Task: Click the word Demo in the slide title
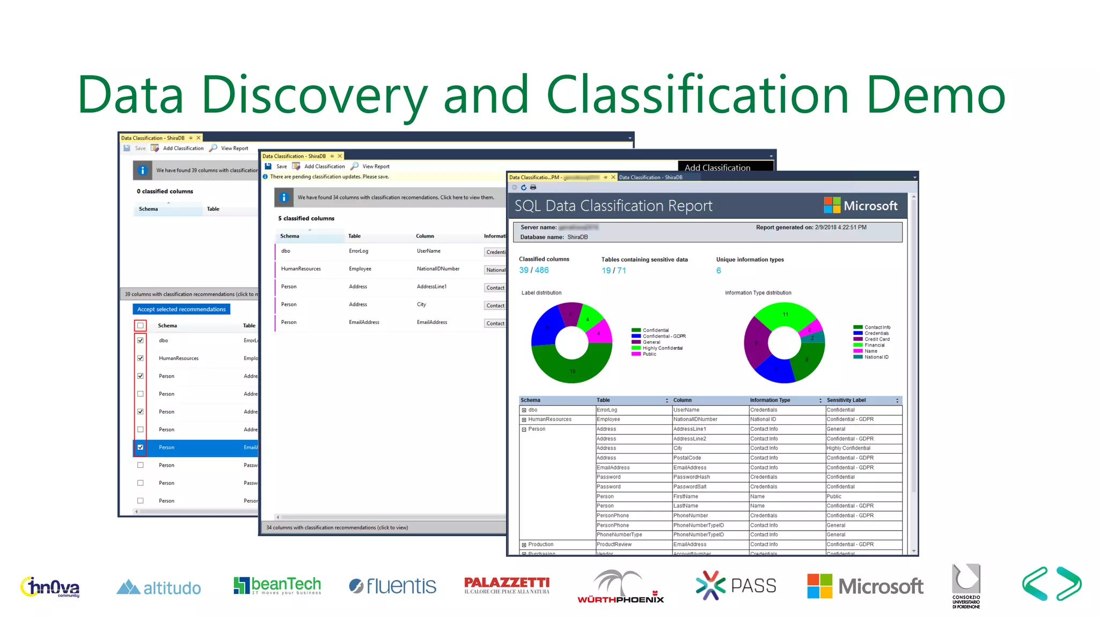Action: click(936, 95)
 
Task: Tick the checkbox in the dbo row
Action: click(141, 340)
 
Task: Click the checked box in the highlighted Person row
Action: click(141, 447)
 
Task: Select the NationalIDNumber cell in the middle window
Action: click(438, 269)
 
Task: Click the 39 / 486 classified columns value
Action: click(533, 270)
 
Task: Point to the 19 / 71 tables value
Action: click(613, 270)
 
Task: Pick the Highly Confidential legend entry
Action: click(662, 348)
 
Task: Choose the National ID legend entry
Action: click(876, 357)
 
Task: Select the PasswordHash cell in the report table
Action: click(691, 477)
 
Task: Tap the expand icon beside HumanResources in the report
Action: click(524, 420)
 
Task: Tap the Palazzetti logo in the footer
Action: click(507, 585)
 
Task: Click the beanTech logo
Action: click(277, 585)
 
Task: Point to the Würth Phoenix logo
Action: click(620, 586)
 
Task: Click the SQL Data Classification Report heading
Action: click(613, 206)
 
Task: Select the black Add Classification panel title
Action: click(717, 167)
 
